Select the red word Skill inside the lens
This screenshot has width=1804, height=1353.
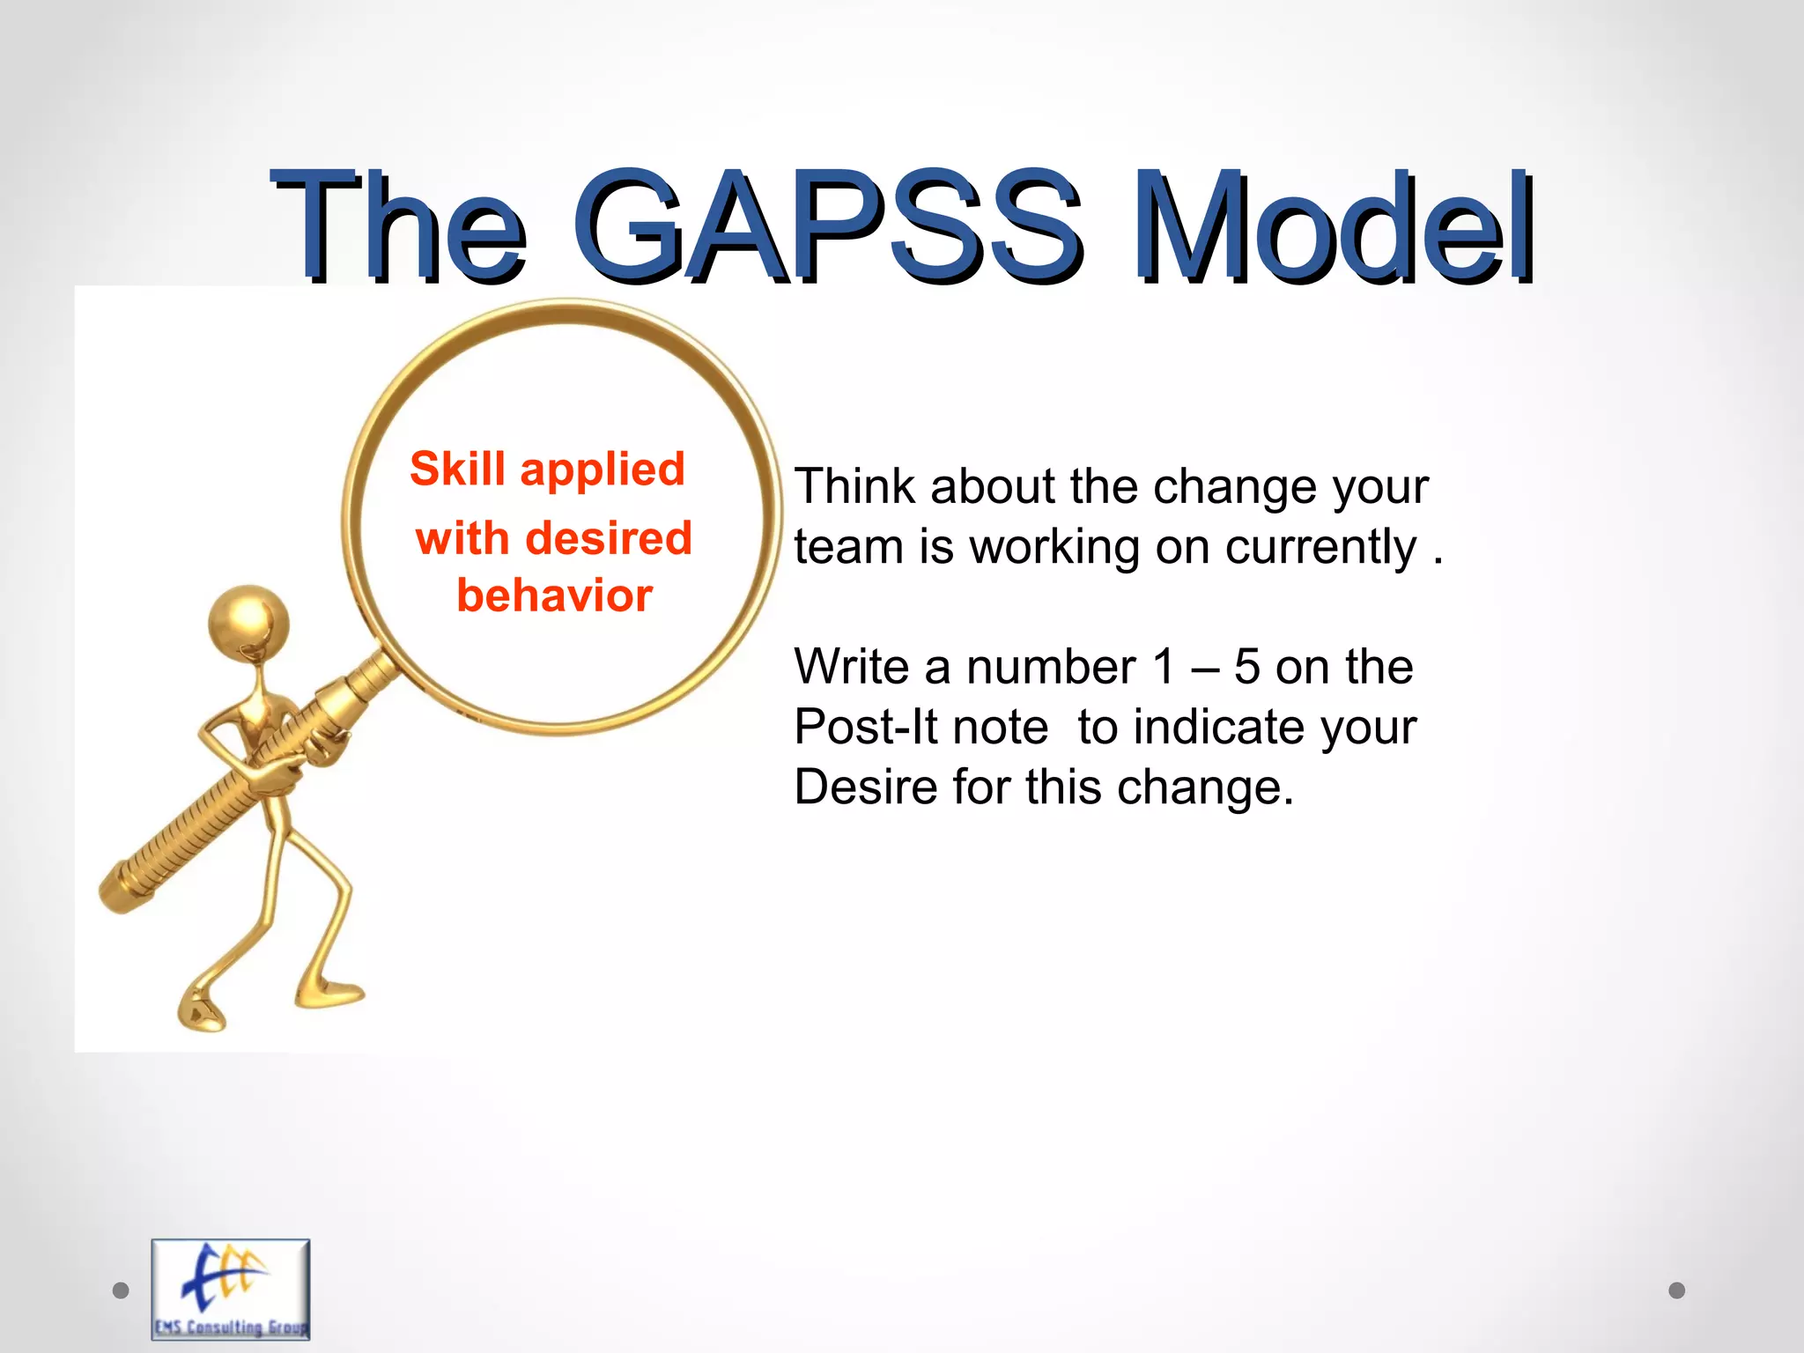457,469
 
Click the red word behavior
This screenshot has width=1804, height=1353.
554,596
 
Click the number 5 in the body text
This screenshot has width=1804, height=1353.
1246,667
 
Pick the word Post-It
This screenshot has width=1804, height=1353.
920,728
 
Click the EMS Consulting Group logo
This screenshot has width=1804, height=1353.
231,1290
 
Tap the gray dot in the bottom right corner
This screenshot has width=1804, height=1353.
1676,1290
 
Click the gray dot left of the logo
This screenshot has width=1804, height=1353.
122,1290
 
